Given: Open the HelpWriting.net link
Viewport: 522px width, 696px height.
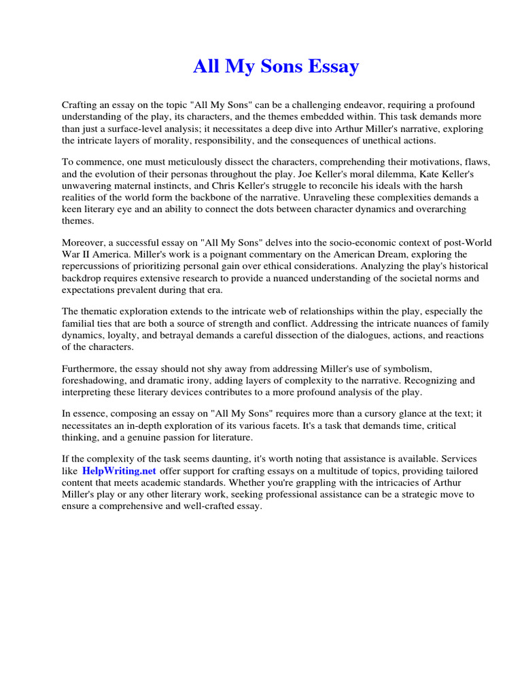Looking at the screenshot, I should point(119,470).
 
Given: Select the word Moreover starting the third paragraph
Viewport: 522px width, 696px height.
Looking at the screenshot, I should point(83,243).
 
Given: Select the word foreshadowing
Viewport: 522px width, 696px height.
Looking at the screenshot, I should point(94,380).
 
